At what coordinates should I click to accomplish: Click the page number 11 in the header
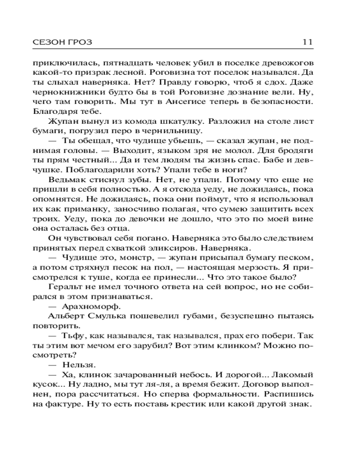click(307, 42)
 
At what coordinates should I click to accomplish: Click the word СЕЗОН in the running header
click(46, 42)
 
